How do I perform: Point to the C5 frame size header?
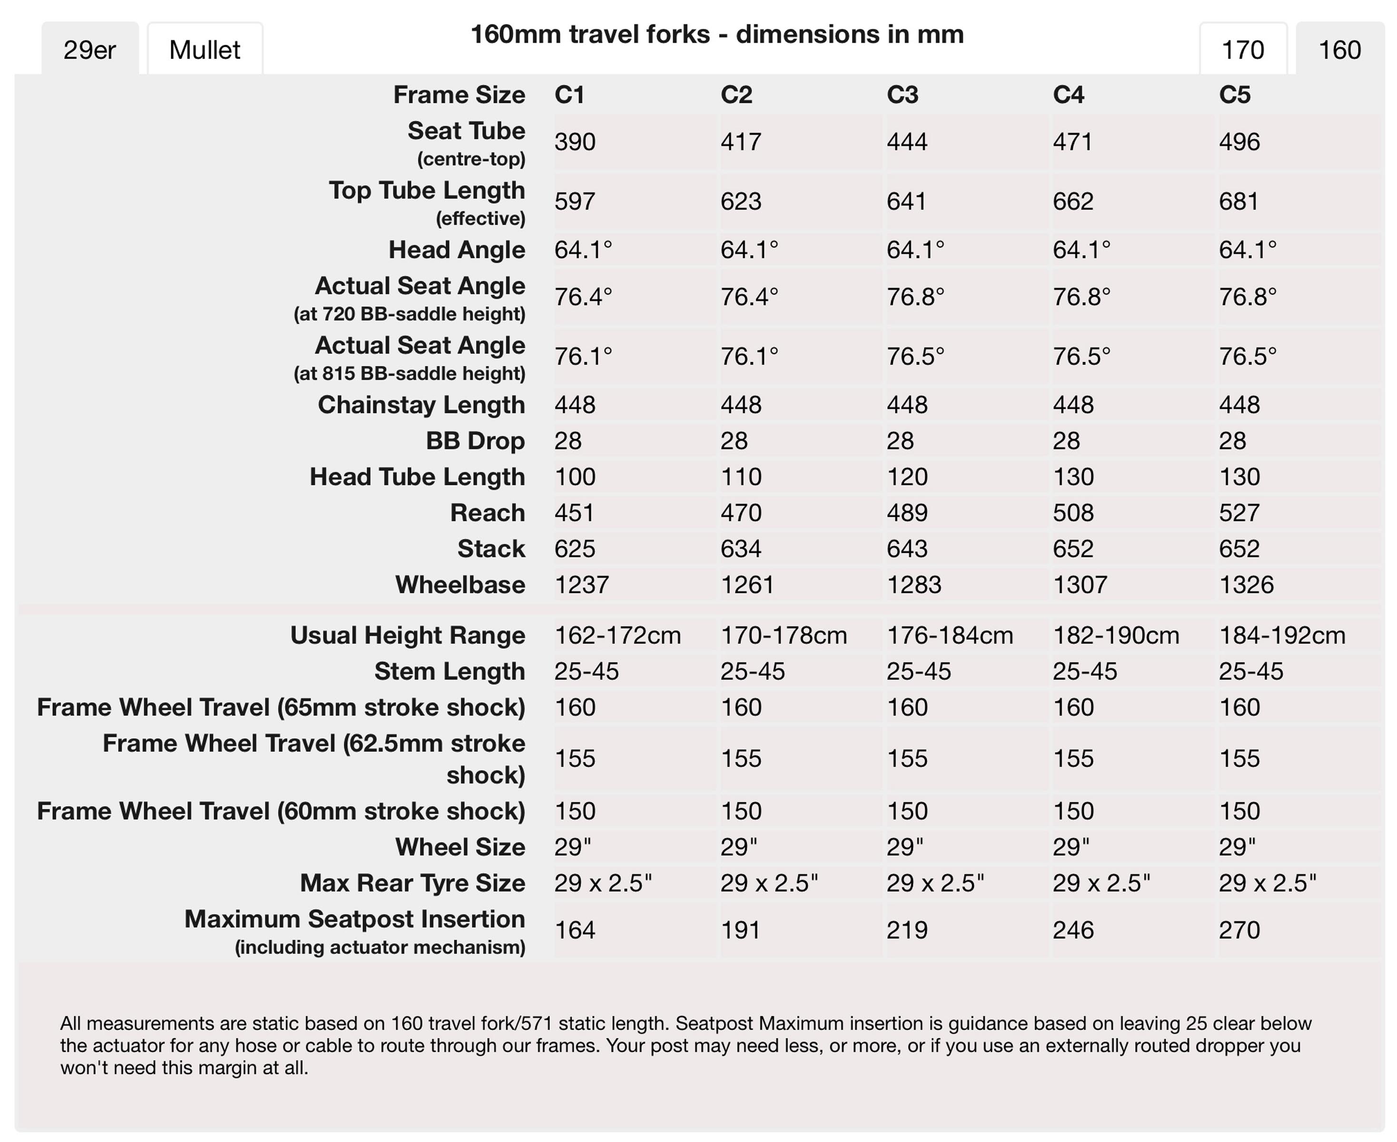coord(1235,95)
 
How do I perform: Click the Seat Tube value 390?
coord(575,141)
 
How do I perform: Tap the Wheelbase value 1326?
coord(1246,584)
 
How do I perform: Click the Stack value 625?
coord(575,549)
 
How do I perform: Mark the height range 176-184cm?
coord(950,635)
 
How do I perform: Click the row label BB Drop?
coord(475,441)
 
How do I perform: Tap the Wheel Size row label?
coord(460,847)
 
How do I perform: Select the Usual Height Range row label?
coord(407,635)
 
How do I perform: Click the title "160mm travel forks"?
coord(590,34)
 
